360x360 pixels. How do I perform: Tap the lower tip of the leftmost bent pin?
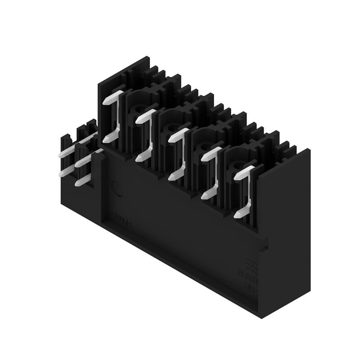108,139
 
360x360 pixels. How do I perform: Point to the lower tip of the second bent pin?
141,157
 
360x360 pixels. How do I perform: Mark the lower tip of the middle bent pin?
174,176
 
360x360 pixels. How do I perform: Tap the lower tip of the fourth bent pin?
207,194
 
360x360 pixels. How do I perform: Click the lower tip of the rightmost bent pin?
240,213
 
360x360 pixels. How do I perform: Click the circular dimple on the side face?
118,189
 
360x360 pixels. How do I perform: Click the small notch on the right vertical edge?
264,246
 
